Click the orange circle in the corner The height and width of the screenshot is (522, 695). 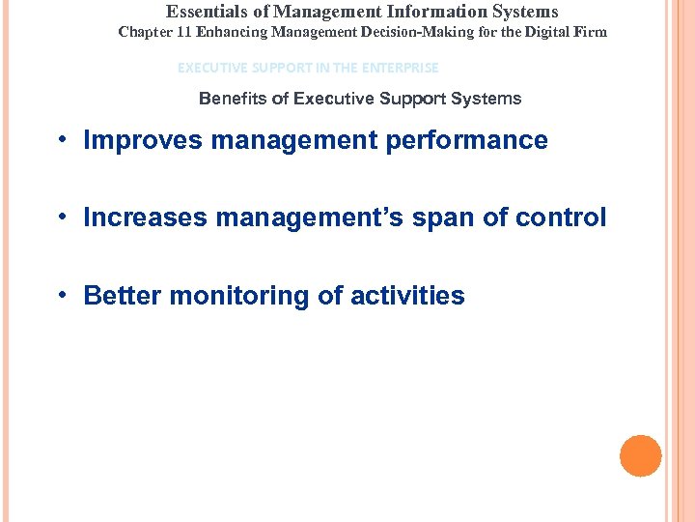[641, 456]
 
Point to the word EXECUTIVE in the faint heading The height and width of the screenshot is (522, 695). [210, 68]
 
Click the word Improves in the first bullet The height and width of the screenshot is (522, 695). [144, 140]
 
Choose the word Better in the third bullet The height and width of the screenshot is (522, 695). [123, 296]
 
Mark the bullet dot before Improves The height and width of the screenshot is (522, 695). [61, 141]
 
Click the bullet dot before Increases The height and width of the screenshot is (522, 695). [61, 218]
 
